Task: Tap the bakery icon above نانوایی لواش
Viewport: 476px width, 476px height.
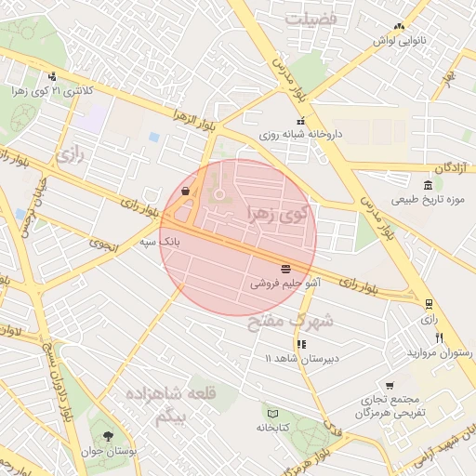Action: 399,27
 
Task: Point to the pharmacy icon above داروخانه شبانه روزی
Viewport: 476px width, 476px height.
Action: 300,121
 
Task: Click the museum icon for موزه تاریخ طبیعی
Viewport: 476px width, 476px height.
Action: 427,185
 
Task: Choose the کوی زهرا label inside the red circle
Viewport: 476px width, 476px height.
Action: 277,213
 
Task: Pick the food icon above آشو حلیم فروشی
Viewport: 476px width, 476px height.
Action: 284,269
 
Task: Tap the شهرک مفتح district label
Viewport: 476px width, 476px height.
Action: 290,322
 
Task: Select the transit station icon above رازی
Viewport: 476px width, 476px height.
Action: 429,303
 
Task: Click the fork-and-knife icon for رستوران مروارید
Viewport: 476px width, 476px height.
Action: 439,338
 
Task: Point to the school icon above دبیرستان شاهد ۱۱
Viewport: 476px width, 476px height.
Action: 300,344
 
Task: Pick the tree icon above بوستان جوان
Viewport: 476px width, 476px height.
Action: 109,435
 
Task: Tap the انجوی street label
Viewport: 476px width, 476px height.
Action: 103,245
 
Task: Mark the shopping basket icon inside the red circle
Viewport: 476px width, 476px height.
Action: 186,192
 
